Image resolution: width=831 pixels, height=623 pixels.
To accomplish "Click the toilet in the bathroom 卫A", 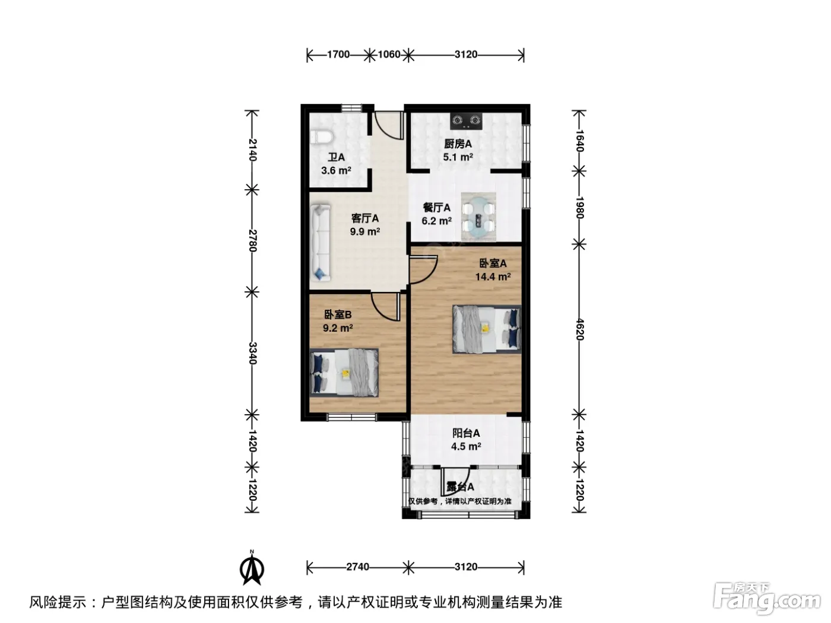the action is pyautogui.click(x=321, y=137).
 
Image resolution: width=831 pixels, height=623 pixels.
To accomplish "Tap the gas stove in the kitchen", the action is pyautogui.click(x=466, y=120).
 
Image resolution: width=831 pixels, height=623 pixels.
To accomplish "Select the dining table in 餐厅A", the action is pyautogui.click(x=478, y=217).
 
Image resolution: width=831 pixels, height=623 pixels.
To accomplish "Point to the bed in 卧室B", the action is pyautogui.click(x=344, y=373).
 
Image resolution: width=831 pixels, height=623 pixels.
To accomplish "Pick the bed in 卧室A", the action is pyautogui.click(x=487, y=329).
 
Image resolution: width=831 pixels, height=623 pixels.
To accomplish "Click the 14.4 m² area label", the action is pyautogui.click(x=493, y=276).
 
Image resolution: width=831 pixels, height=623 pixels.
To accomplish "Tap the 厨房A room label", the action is pyautogui.click(x=458, y=144).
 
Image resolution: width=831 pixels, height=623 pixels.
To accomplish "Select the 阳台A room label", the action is pyautogui.click(x=466, y=433).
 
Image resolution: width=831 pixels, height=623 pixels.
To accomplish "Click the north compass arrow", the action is pyautogui.click(x=252, y=568).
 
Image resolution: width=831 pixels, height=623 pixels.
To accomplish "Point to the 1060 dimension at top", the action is pyautogui.click(x=389, y=55).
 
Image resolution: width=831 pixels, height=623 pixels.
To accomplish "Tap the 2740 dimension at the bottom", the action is pyautogui.click(x=357, y=567).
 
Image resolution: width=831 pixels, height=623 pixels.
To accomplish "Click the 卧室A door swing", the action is pyautogui.click(x=424, y=270).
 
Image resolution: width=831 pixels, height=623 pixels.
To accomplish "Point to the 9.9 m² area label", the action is pyautogui.click(x=365, y=231).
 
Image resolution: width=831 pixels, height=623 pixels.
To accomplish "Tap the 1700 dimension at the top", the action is pyautogui.click(x=338, y=55).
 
